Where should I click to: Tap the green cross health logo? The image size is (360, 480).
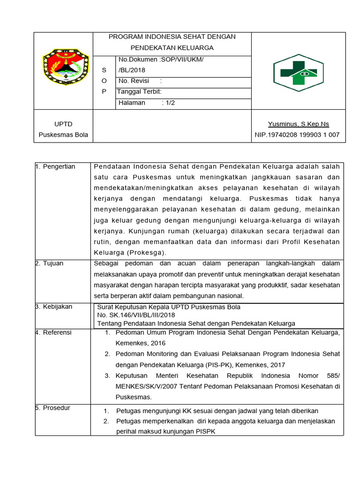[x=298, y=71]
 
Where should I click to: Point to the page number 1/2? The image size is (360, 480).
[x=170, y=103]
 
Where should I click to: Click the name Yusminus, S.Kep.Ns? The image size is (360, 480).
[x=299, y=124]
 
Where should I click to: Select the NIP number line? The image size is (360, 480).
[x=297, y=135]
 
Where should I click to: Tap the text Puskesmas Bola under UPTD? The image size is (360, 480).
[x=63, y=135]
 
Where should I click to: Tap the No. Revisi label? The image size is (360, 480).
[x=134, y=81]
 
